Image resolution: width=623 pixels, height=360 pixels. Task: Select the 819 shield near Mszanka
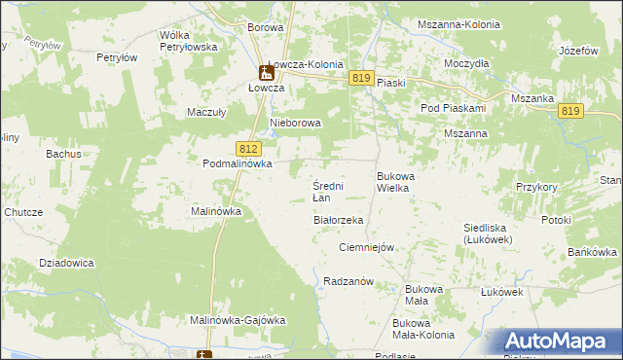coord(571,112)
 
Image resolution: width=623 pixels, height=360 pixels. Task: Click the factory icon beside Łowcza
coord(265,72)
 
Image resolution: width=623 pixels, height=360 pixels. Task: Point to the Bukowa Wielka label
coord(394,182)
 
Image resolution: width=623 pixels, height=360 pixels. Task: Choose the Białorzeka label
coord(338,221)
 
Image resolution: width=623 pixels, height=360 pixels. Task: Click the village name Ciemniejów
coord(366,247)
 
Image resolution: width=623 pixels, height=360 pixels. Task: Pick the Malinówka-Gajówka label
coord(237,320)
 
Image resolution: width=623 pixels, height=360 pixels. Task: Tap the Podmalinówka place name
coord(237,164)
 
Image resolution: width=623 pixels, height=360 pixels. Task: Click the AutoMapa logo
coord(558,342)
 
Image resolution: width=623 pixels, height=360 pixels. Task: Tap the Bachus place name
coord(62,154)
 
